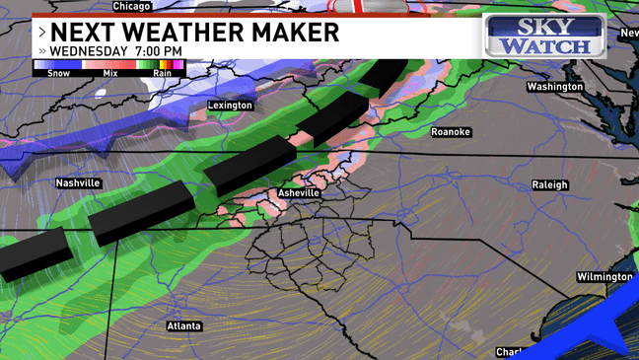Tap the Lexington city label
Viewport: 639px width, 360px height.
[230, 106]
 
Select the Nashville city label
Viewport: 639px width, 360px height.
[78, 183]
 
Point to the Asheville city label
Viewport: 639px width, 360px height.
[298, 193]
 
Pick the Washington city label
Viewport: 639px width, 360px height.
[554, 87]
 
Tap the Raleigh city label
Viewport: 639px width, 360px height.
[550, 184]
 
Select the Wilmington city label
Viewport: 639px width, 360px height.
[603, 277]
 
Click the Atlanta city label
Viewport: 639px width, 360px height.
[183, 325]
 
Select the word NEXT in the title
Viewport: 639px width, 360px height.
[81, 32]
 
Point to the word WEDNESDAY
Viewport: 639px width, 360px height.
[89, 51]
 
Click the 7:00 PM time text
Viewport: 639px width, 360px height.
[161, 51]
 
